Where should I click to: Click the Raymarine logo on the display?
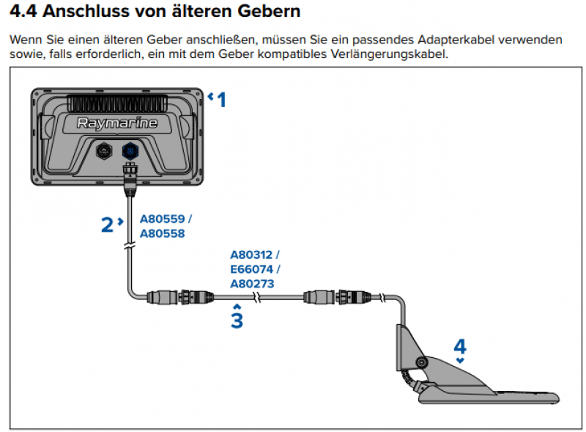[117, 123]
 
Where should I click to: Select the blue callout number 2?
[107, 224]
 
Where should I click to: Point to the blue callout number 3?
[236, 321]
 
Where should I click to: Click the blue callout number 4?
[459, 345]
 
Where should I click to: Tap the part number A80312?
[251, 255]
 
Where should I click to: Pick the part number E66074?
[251, 269]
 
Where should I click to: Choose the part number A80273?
[251, 283]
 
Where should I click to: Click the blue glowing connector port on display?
[128, 150]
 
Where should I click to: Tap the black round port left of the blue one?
[103, 150]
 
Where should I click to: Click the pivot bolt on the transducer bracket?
[420, 362]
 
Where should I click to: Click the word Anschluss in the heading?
[81, 12]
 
